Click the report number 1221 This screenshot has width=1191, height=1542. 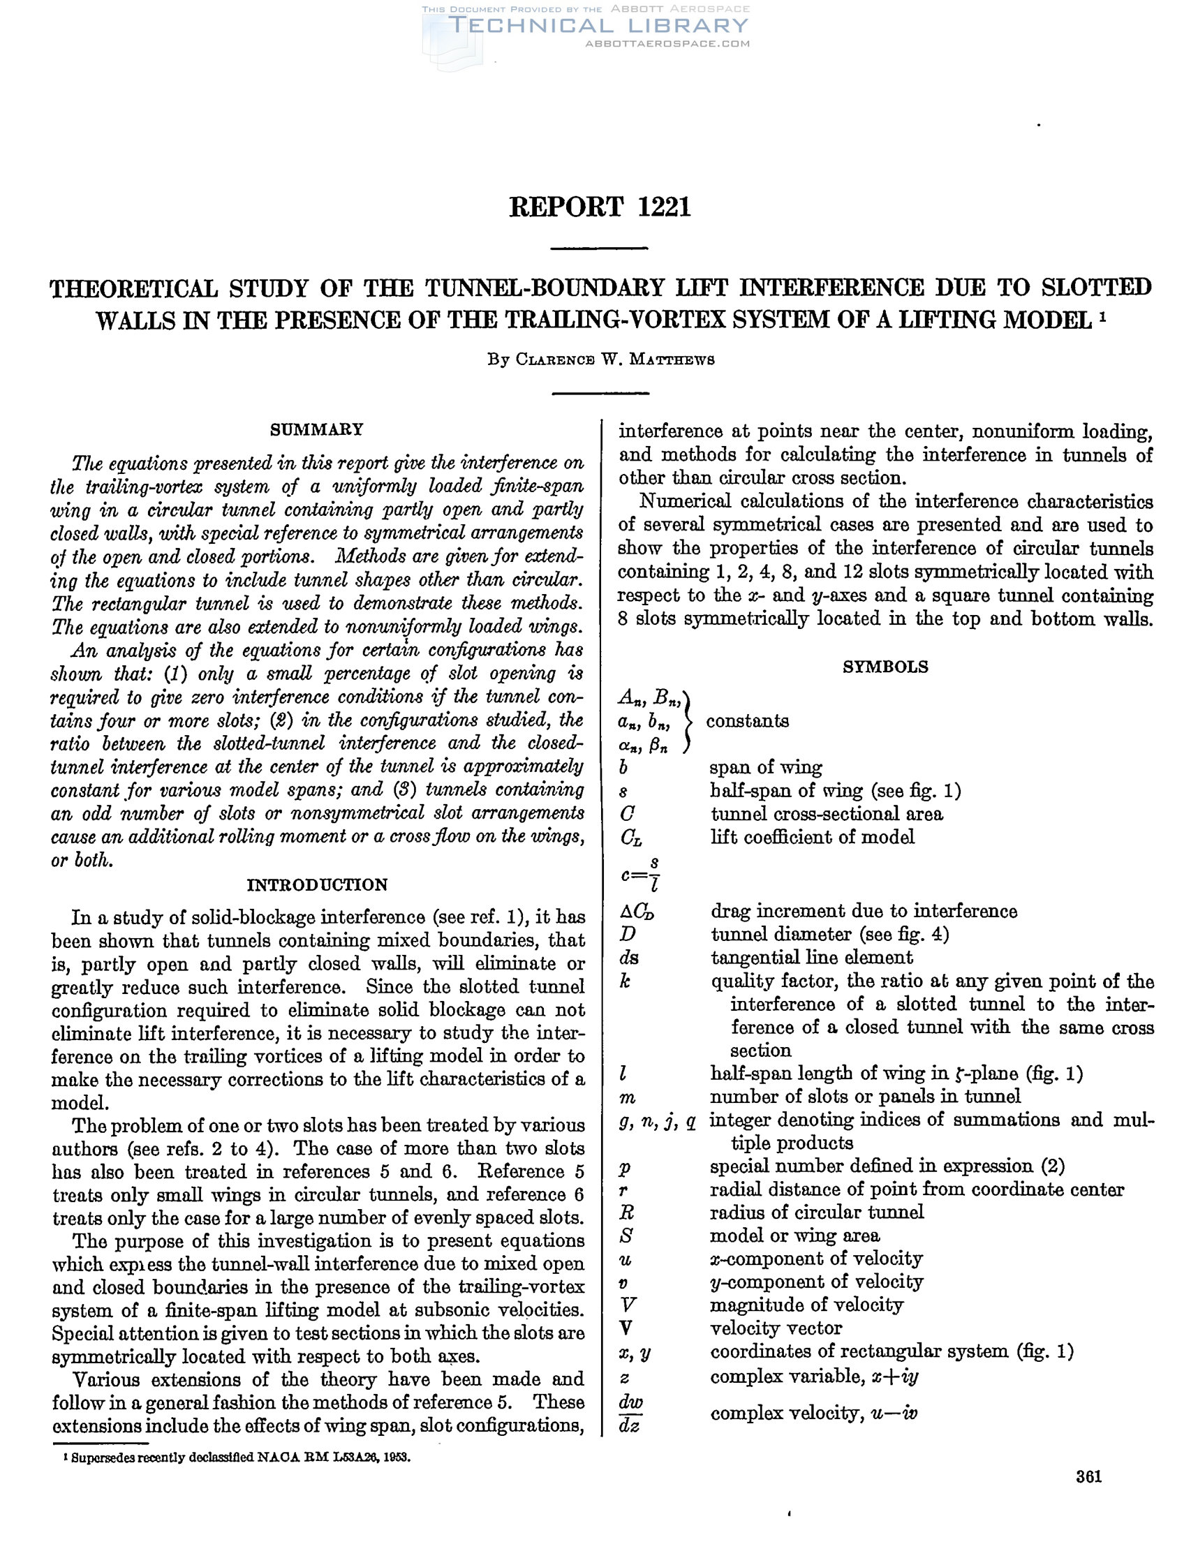664,207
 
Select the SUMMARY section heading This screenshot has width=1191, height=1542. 317,429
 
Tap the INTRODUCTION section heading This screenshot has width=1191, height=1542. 317,884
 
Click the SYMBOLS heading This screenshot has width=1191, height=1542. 885,667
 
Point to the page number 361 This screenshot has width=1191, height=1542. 1088,1476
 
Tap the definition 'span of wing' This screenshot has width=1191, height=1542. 765,767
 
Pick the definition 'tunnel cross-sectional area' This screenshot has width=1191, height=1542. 826,814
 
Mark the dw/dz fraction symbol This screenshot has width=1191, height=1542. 629,1414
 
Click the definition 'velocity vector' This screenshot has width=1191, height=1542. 775,1328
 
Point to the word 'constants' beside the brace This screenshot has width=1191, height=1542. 747,721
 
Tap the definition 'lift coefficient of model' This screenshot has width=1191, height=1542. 812,838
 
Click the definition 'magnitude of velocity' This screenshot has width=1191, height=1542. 806,1305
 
